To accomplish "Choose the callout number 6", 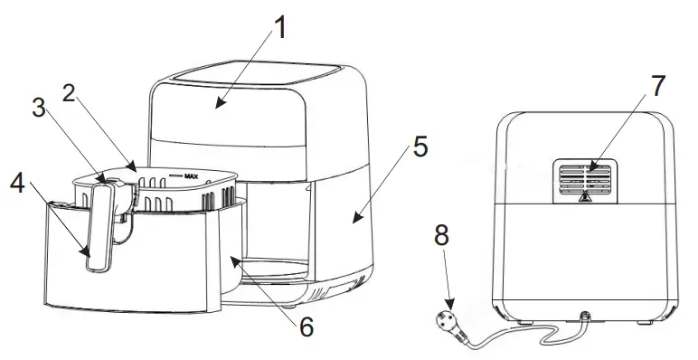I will click(306, 326).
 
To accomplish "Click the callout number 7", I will click(657, 87).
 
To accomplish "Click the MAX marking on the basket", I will click(191, 176).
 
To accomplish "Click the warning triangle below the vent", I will click(585, 197).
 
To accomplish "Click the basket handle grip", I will click(100, 231).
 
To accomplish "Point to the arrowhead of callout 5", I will click(355, 218).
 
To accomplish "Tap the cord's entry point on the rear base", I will click(584, 317).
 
